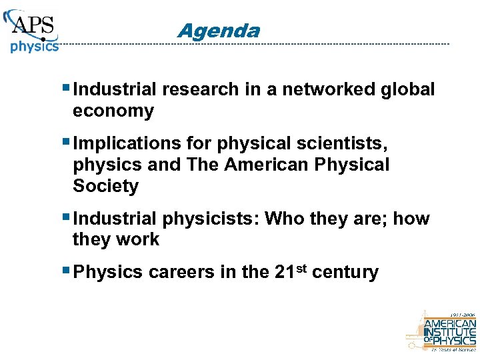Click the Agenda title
[x=219, y=31]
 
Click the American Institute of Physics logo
[x=441, y=330]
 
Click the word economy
[x=113, y=111]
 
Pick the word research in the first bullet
[x=197, y=89]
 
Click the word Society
[x=105, y=186]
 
